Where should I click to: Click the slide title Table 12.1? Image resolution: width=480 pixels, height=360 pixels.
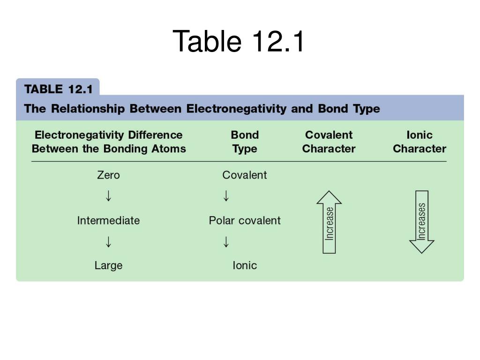pos(239,41)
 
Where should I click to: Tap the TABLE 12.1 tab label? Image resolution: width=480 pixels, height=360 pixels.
pos(59,89)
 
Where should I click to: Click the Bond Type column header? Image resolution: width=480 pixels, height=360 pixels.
pos(245,142)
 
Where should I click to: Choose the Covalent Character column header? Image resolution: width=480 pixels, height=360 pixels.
pos(329,142)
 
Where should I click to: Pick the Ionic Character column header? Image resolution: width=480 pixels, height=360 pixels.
pos(419,142)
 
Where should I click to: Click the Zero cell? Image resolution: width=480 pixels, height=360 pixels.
pos(108,175)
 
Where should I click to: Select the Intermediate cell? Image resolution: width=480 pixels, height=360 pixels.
pos(108,220)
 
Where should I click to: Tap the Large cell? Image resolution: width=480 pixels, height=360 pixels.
pos(108,265)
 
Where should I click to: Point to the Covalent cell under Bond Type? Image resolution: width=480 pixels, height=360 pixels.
pos(245,175)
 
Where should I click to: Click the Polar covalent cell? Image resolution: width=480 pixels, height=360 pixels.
pos(245,220)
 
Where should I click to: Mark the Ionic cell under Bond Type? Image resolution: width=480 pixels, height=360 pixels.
pos(245,265)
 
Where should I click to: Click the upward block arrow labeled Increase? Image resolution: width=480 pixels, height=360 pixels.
pos(329,222)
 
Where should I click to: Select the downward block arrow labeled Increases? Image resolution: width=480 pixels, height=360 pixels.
pos(421,222)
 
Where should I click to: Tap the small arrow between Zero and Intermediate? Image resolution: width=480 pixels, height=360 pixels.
pos(109,196)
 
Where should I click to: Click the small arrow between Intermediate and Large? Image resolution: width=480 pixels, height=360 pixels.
pos(109,242)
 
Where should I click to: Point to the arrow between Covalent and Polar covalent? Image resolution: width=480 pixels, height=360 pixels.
pos(226,196)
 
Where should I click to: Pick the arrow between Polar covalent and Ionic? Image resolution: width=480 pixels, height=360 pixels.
pos(226,242)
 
